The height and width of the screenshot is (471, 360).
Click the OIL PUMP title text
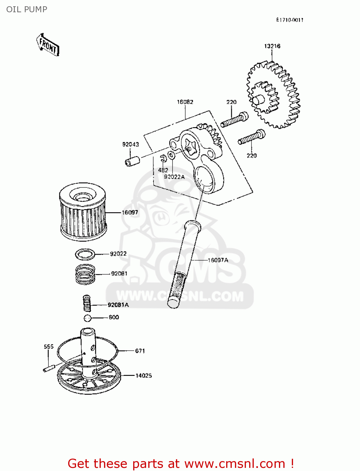(x=27, y=9)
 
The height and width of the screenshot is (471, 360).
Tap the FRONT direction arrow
(x=48, y=46)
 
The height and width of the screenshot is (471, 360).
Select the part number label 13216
(x=272, y=46)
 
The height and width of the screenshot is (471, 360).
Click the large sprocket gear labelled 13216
(x=273, y=96)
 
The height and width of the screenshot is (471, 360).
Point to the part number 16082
(x=185, y=102)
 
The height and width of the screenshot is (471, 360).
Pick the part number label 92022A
(x=174, y=177)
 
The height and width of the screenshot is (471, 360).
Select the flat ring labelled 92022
(x=85, y=254)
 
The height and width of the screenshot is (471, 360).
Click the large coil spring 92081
(x=85, y=274)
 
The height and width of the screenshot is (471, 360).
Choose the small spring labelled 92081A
(x=87, y=303)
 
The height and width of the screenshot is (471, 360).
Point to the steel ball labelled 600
(x=88, y=318)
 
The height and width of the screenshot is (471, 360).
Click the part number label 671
(x=140, y=351)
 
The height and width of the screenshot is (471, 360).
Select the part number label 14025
(x=144, y=376)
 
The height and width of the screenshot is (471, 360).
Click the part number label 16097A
(x=218, y=260)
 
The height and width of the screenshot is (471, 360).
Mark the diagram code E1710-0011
(x=290, y=20)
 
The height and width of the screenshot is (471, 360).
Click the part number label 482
(x=163, y=170)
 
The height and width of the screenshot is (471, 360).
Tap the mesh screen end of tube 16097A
(x=177, y=287)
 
